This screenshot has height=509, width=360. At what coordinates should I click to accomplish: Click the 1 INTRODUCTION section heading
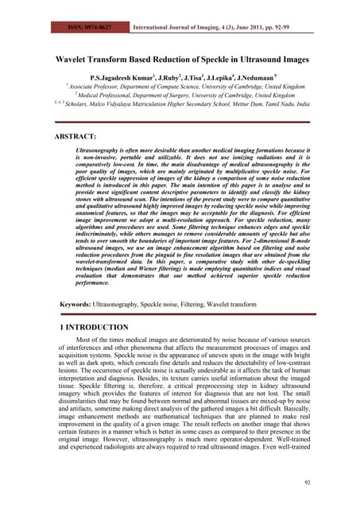[95, 327]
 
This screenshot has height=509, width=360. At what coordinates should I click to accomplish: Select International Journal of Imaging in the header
[180, 6]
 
